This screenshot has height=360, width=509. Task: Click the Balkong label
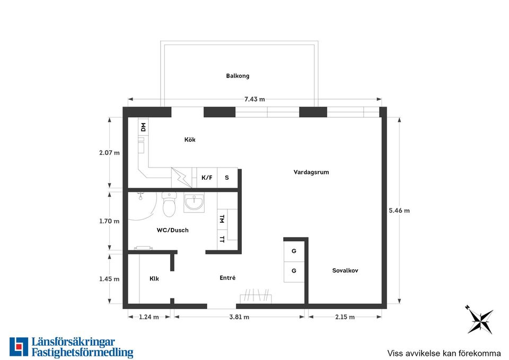238,76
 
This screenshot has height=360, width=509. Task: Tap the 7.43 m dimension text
254,99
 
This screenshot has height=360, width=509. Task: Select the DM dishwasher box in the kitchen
143,127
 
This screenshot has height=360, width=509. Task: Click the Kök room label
190,139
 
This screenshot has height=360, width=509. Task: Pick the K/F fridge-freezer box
207,178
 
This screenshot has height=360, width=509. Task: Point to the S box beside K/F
227,178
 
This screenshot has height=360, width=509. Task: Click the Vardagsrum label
311,172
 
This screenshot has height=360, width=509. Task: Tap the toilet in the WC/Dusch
169,204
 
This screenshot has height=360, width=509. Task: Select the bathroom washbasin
194,203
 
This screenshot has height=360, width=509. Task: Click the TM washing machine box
222,219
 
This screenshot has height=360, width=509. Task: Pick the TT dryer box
222,240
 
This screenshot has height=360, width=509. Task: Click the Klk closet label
154,278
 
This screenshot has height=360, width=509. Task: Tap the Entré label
227,278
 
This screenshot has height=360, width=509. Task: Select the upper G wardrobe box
294,251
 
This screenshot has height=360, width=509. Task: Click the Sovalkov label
345,270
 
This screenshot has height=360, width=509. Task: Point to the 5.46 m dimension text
399,210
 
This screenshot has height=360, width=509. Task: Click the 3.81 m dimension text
239,317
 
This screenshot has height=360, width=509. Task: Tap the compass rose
480,320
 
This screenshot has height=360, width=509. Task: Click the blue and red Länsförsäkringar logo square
19,347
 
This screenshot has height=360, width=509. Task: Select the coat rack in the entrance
256,296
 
